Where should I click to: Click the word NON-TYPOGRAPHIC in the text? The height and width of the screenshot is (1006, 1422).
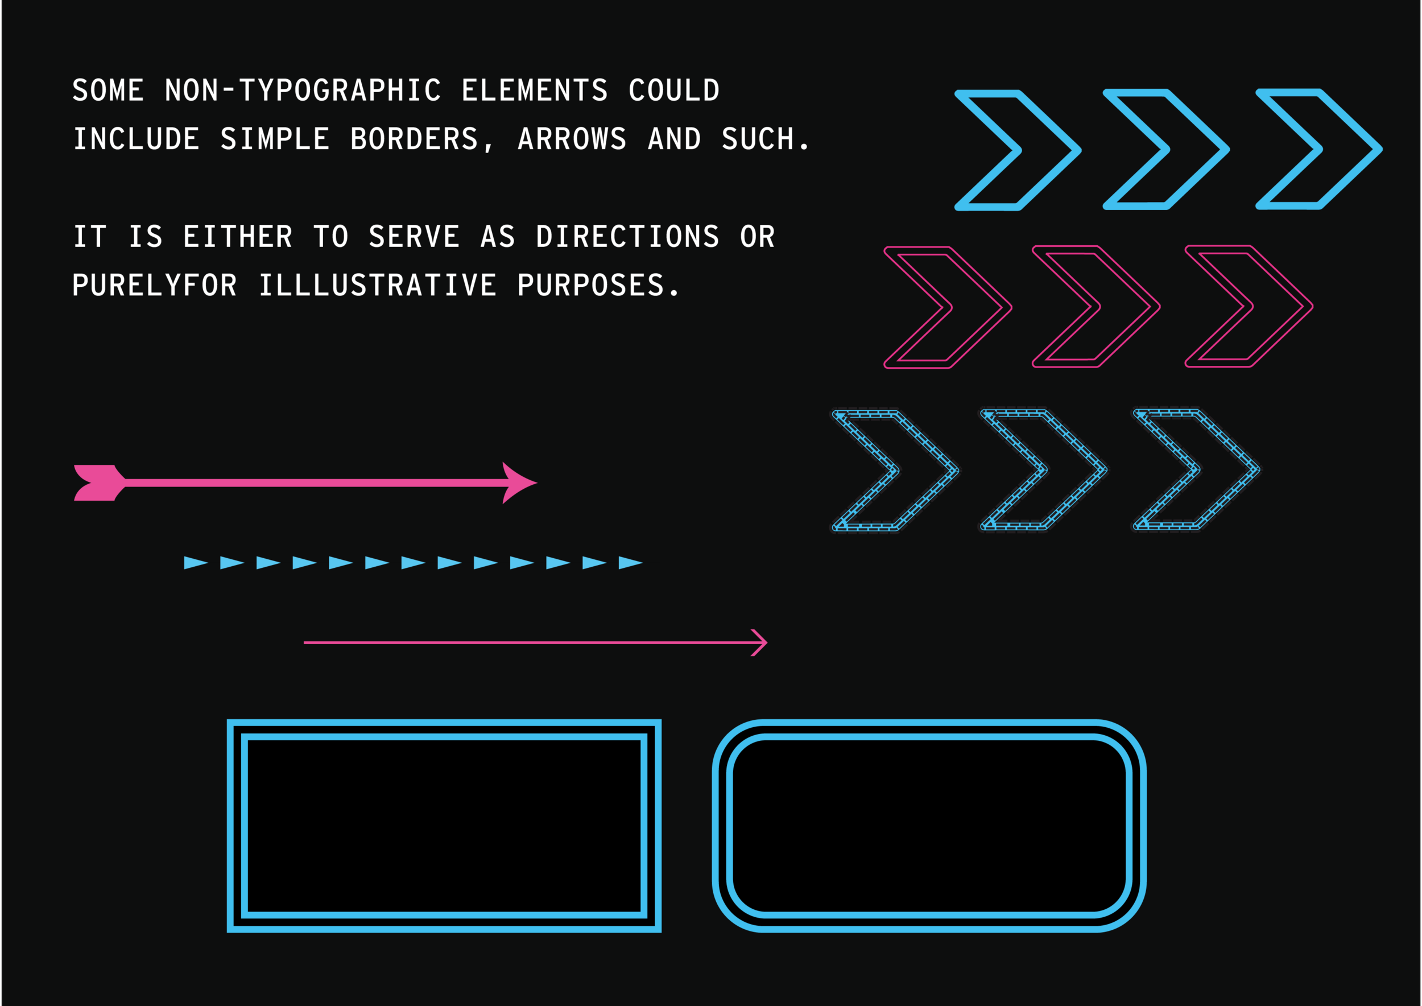click(x=303, y=90)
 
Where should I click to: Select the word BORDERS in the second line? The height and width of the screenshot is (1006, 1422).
click(x=414, y=139)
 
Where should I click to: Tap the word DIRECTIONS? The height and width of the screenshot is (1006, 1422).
click(x=627, y=237)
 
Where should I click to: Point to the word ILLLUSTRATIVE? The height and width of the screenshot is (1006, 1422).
click(x=377, y=286)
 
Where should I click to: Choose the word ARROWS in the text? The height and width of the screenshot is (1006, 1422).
click(x=572, y=139)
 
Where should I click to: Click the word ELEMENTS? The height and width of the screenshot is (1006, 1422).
click(x=535, y=90)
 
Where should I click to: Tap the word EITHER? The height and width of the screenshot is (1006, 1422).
click(x=238, y=237)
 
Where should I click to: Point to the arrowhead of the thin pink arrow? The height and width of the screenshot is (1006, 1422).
click(x=762, y=642)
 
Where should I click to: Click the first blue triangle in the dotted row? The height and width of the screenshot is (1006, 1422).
click(x=195, y=563)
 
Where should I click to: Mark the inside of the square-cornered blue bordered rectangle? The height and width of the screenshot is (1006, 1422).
click(x=444, y=826)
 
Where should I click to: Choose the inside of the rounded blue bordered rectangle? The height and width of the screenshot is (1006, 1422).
click(x=929, y=826)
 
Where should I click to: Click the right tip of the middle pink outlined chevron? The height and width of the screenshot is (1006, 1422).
click(x=1157, y=306)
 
